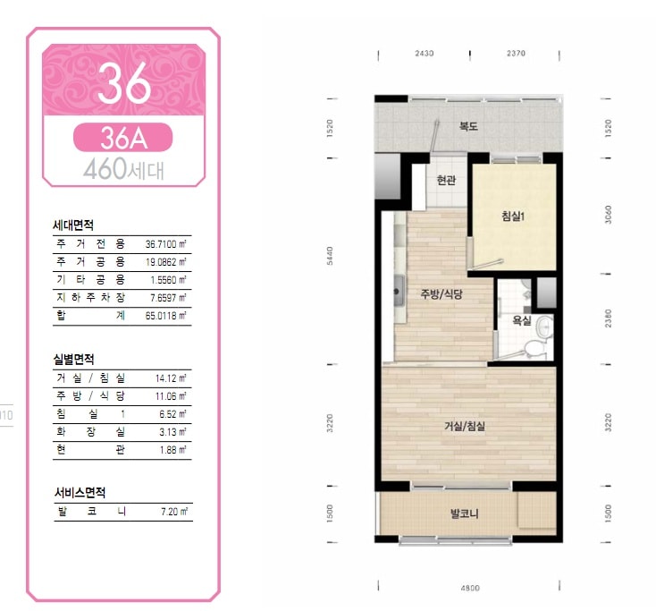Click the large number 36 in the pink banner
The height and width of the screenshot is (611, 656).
pyautogui.click(x=124, y=83)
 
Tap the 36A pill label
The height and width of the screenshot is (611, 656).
pyautogui.click(x=123, y=138)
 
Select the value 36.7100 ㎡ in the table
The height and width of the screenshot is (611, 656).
pyautogui.click(x=165, y=243)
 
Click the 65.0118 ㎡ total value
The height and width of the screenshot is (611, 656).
pyautogui.click(x=165, y=316)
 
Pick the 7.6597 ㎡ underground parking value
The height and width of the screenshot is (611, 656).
pyautogui.click(x=168, y=298)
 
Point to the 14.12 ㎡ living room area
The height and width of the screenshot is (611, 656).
pyautogui.click(x=171, y=378)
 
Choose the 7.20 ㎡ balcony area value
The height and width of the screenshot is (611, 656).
pyautogui.click(x=174, y=512)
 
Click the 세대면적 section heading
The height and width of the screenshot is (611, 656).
pyautogui.click(x=73, y=225)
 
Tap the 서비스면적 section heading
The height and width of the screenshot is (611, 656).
pyautogui.click(x=80, y=492)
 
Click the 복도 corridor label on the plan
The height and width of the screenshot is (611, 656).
pyautogui.click(x=468, y=125)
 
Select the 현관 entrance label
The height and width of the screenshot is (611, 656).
pyautogui.click(x=446, y=180)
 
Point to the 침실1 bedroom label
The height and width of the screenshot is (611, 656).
pyautogui.click(x=513, y=216)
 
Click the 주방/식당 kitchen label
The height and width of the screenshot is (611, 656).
pyautogui.click(x=442, y=294)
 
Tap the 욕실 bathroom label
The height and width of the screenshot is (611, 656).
pyautogui.click(x=522, y=321)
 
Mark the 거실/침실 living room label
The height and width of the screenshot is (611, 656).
pyautogui.click(x=465, y=427)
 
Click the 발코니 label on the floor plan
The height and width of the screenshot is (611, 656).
pyautogui.click(x=465, y=513)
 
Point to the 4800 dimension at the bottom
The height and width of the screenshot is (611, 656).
pyautogui.click(x=470, y=588)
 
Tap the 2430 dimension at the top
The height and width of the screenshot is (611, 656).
pyautogui.click(x=425, y=53)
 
